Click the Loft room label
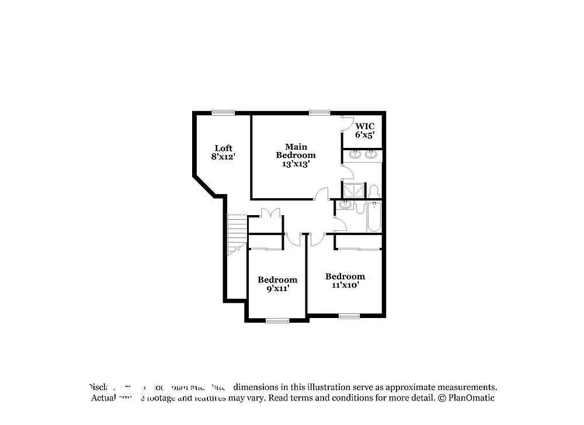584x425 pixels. [x=223, y=152]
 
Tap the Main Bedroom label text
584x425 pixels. [x=296, y=155]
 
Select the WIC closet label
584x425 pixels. [x=365, y=130]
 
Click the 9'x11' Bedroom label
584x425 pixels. [x=277, y=284]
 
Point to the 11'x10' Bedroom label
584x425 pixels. [x=345, y=281]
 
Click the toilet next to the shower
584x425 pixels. [x=374, y=191]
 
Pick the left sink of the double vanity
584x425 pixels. [x=355, y=155]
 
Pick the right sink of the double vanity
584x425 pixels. [x=371, y=155]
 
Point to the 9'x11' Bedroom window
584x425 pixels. [x=277, y=320]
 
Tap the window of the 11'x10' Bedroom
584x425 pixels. [x=349, y=316]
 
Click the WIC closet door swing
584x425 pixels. [x=347, y=124]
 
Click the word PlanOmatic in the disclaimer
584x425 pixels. [x=471, y=398]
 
